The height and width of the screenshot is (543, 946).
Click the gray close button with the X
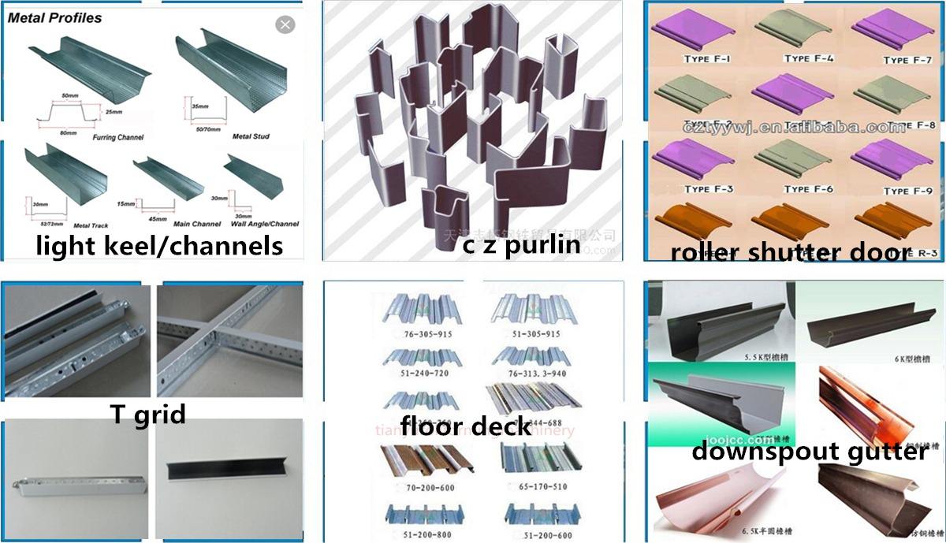click(285, 25)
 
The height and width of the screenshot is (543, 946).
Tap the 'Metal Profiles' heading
click(55, 17)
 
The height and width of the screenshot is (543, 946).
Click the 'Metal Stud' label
click(251, 137)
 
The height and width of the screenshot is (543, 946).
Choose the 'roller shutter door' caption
click(790, 252)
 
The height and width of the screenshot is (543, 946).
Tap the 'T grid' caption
click(148, 413)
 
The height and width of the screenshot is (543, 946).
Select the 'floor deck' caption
click(465, 426)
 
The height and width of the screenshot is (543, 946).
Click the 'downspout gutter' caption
click(809, 452)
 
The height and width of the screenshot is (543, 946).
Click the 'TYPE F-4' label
click(808, 59)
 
